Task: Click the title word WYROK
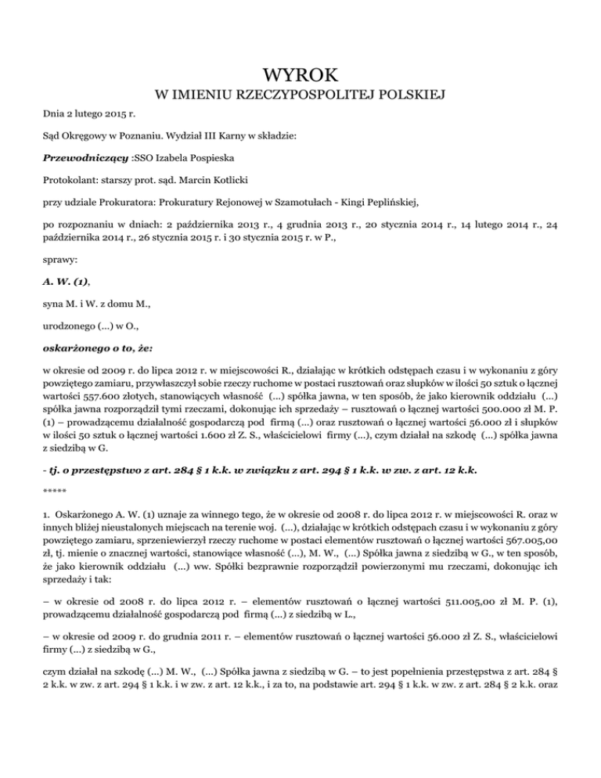(300, 76)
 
